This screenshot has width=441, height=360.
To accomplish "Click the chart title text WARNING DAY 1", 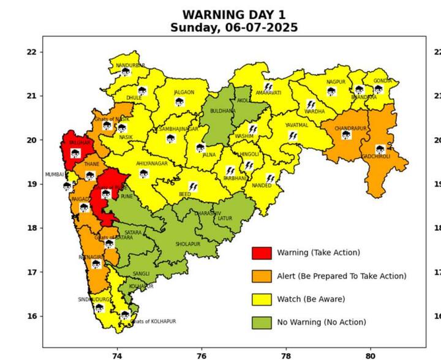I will tap(234, 14).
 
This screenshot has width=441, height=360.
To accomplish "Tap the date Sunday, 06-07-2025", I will tap(234, 28).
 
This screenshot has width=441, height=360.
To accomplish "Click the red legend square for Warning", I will tap(262, 253).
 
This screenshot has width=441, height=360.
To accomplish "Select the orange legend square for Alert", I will tap(262, 276).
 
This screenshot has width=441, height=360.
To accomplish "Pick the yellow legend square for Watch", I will tap(262, 299).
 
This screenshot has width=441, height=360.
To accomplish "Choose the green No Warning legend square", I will tap(262, 322).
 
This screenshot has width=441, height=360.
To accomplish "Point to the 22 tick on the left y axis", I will tap(31, 52).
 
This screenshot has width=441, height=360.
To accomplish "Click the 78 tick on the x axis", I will tap(285, 354).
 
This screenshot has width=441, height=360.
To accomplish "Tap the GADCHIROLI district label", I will tap(376, 156).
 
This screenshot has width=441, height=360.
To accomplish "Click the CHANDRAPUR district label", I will tap(350, 129).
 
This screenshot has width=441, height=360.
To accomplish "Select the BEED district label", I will tap(184, 194).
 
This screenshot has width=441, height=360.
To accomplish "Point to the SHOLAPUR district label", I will tap(188, 244).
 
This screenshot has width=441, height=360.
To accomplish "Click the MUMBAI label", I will tap(54, 174).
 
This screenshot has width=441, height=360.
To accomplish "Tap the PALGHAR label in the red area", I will tap(80, 143).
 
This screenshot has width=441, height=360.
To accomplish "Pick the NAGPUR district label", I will tap(336, 82).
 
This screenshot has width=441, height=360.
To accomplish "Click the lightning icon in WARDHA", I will tap(311, 104).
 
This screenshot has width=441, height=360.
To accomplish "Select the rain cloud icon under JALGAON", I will tap(179, 102).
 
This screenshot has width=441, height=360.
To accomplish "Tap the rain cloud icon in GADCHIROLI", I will tap(380, 149).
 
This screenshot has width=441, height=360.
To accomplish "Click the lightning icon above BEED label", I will tap(193, 186).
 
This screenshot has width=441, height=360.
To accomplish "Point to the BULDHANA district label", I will tap(222, 111).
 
